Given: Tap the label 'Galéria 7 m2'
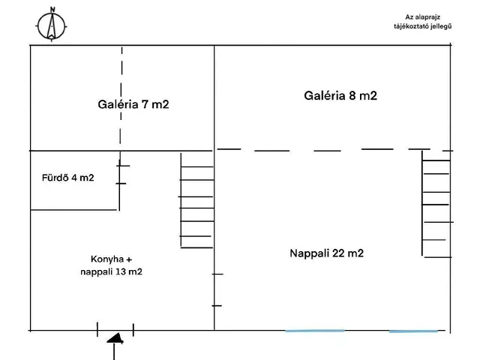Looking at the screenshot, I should tap(133, 104).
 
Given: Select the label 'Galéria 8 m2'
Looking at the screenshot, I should tap(340, 95).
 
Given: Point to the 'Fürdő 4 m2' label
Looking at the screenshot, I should tap(67, 178).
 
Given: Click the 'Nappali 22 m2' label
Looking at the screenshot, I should tap(326, 253).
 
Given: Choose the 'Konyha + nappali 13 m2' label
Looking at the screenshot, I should tap(110, 265).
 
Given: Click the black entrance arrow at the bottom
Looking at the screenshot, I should tap(114, 338).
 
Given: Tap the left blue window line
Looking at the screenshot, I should tap(315, 330).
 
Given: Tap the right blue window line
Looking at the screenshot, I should tap(413, 331).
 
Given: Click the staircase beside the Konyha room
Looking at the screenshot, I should tap(196, 200).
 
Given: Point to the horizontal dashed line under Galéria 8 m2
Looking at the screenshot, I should tap(330, 150).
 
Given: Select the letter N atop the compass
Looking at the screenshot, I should tap(52, 10).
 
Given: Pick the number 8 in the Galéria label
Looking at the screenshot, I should tap(352, 95).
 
